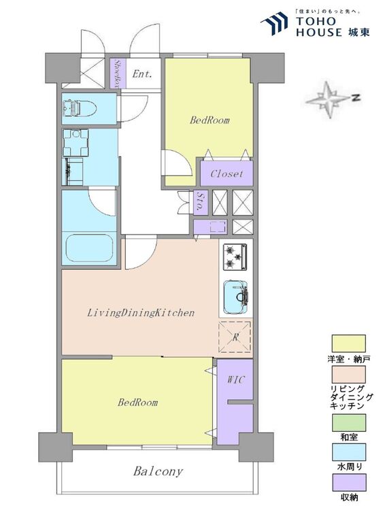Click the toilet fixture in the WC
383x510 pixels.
coord(80,107)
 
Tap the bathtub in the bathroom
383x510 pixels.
coord(90,248)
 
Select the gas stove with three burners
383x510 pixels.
coord(235,256)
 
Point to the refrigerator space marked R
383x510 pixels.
coord(235,337)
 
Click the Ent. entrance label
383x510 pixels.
coord(142,74)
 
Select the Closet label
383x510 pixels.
coord(227,173)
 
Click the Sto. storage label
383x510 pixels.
coord(201,202)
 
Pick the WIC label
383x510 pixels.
coord(235,379)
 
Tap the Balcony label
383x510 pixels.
coord(158,472)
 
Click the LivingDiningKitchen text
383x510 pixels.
coord(141,313)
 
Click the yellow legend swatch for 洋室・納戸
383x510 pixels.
coord(348,343)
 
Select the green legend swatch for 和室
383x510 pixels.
coord(348,423)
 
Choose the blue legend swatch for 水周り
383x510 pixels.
coord(348,452)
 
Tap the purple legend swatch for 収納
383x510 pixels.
coord(348,482)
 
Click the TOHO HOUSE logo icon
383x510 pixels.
coord(274,23)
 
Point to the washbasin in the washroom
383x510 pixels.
coord(76,143)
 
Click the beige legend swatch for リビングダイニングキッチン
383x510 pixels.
coord(348,375)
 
